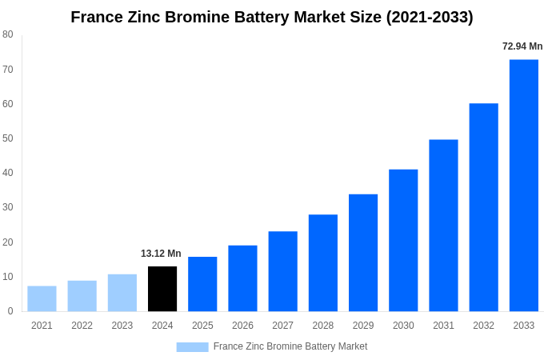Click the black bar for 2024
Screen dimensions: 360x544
(x=162, y=289)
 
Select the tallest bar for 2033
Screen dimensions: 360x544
(x=523, y=186)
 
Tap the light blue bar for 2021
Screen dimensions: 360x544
(x=42, y=298)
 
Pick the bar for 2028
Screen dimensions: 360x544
(x=322, y=262)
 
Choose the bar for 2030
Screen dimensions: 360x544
(x=403, y=240)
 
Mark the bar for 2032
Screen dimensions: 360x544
(x=483, y=207)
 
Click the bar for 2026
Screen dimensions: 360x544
(x=242, y=278)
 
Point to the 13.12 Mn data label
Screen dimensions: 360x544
(x=161, y=254)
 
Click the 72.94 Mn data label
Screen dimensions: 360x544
(x=522, y=46)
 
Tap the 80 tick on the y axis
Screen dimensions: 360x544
(x=8, y=34)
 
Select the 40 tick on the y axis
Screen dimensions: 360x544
(x=8, y=173)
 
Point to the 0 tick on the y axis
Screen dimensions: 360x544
(x=10, y=311)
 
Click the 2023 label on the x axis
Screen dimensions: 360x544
(x=122, y=326)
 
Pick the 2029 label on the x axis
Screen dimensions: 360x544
(x=363, y=326)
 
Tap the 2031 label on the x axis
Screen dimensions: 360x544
(x=443, y=326)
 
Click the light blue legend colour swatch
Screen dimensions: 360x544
(x=192, y=346)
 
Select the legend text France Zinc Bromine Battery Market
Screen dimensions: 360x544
(x=290, y=346)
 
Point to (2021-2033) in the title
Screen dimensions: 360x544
(x=430, y=17)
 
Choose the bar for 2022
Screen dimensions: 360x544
(x=82, y=296)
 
